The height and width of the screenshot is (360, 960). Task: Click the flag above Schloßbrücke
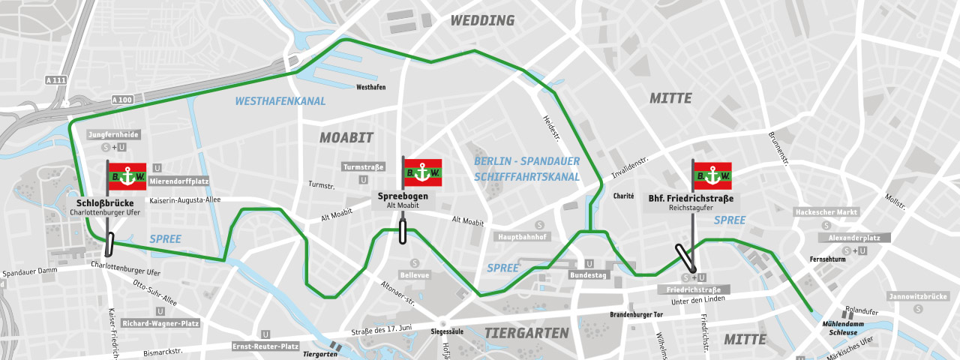click(127, 176)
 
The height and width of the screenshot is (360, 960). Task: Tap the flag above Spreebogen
click(422, 172)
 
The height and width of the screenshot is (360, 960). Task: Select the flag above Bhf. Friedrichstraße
click(712, 175)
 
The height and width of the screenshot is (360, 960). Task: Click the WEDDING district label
click(482, 20)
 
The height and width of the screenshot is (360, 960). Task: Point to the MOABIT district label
click(346, 137)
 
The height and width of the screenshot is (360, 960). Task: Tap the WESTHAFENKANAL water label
click(280, 101)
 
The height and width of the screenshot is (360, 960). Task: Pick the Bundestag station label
click(590, 275)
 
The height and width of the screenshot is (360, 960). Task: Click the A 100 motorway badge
click(121, 100)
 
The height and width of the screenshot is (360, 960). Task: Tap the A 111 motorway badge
click(55, 80)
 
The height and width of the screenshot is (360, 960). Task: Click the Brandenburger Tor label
click(637, 315)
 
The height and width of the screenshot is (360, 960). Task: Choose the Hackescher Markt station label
click(826, 212)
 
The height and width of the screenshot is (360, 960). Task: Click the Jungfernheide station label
click(114, 134)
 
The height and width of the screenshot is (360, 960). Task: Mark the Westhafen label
click(371, 87)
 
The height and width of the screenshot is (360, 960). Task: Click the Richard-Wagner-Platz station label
click(160, 324)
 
